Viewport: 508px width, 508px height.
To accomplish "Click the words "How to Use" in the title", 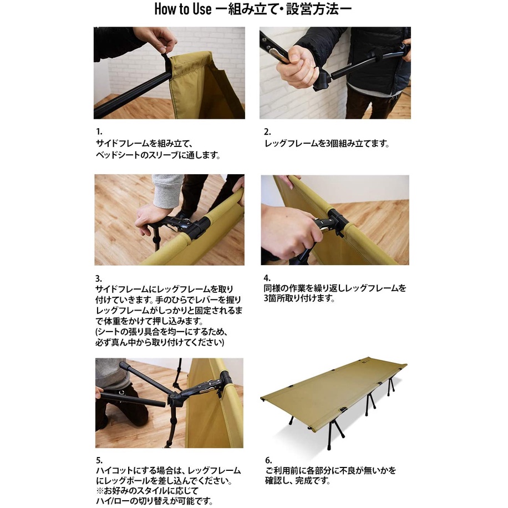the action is tap(182, 9).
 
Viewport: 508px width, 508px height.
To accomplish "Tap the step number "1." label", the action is tap(99, 131).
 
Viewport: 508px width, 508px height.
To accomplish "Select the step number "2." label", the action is tap(267, 132).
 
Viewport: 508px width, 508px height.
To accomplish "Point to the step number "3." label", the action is tap(99, 278).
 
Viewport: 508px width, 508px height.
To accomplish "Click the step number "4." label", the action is tap(267, 278).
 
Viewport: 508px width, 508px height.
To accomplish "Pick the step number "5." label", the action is tap(99, 460).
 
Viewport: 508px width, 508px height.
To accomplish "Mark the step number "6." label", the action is tap(268, 460).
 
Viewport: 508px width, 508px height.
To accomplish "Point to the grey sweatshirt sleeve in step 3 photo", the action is tap(167, 191).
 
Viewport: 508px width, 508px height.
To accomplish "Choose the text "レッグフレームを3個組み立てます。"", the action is tap(327, 144).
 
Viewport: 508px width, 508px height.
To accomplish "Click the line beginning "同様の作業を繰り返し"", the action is tap(334, 288).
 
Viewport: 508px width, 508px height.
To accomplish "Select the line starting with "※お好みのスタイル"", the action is tap(148, 491).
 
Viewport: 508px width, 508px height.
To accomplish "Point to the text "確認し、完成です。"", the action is tap(298, 480).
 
